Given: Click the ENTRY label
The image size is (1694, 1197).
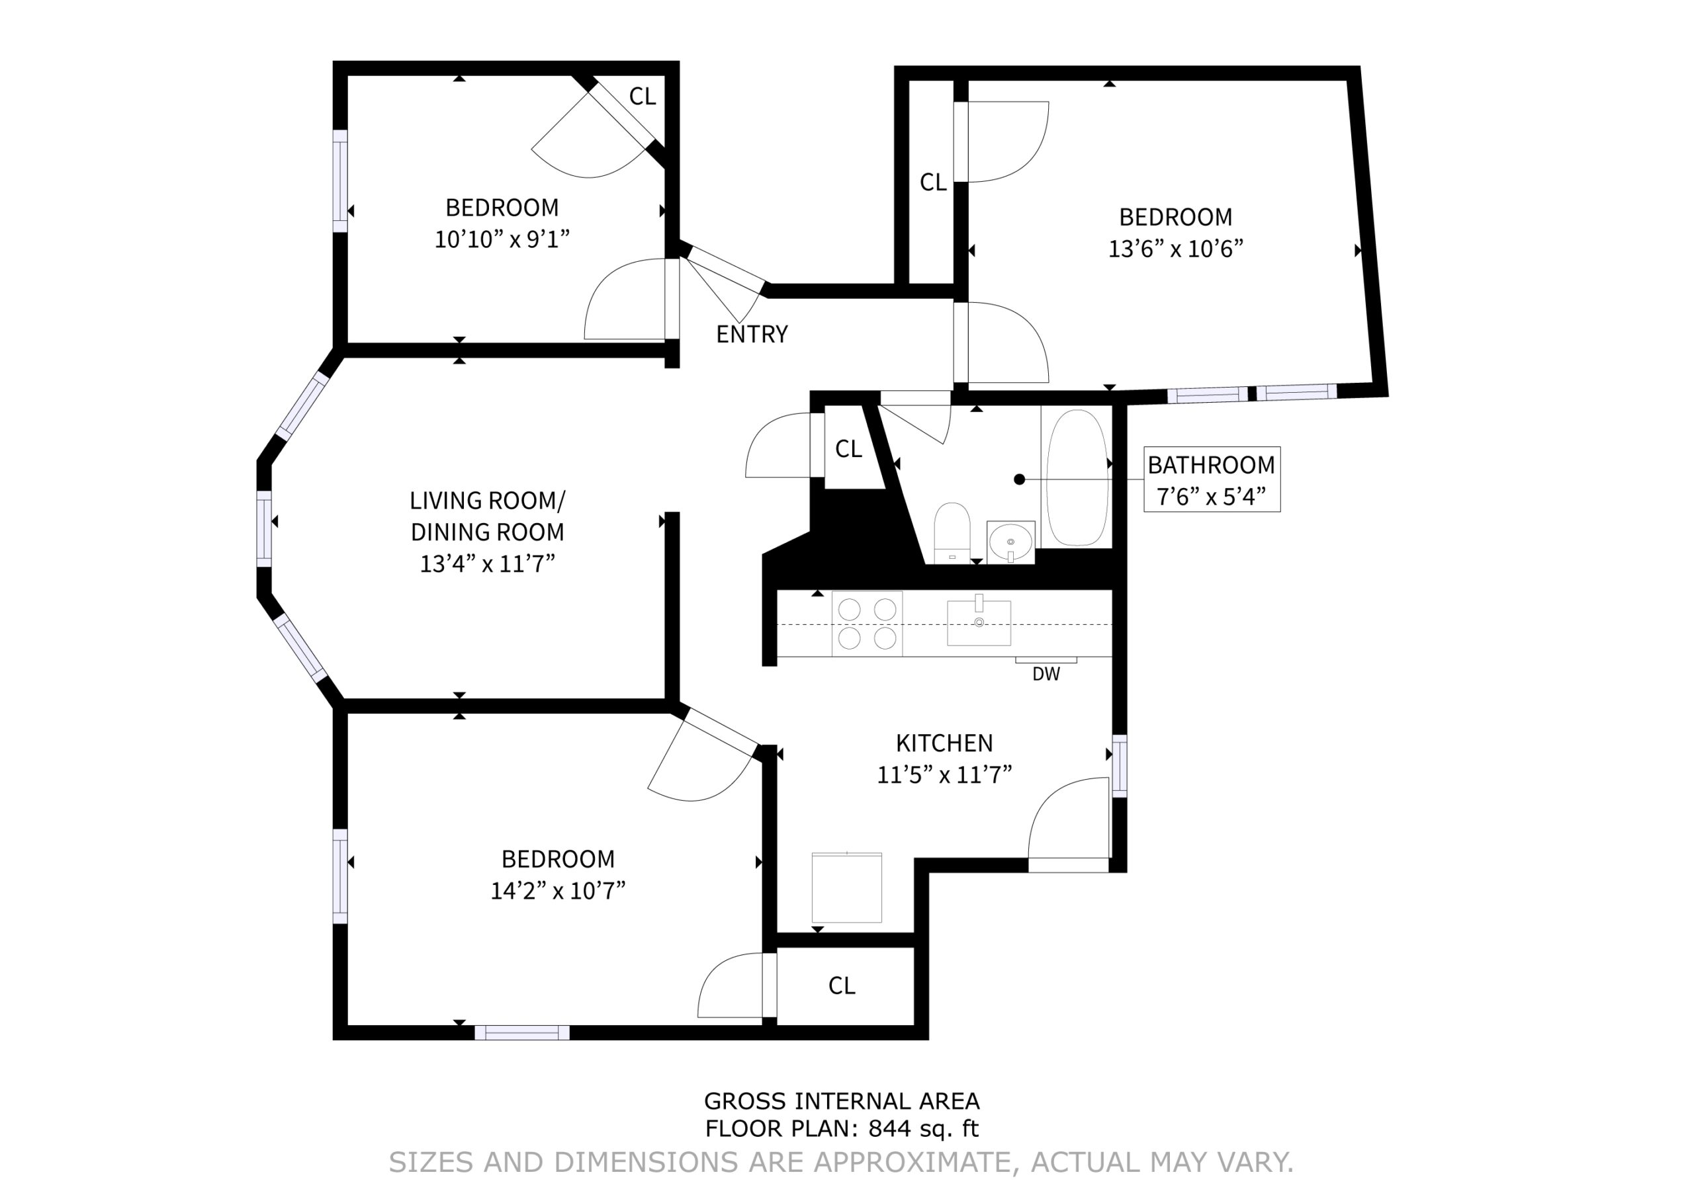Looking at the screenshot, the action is pos(752,334).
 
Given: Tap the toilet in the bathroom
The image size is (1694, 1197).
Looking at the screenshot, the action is pos(952,532).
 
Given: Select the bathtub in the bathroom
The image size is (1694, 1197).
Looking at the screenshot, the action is pos(1078,477).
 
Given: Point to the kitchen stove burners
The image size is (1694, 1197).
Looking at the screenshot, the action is pos(867,623).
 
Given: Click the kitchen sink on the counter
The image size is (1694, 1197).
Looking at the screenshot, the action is pos(979,622).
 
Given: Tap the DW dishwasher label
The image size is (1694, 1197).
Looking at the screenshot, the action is pos(1046,673).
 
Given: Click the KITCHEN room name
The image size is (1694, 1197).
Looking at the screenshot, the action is pos(944,743).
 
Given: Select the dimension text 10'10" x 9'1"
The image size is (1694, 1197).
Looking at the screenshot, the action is pos(502,239).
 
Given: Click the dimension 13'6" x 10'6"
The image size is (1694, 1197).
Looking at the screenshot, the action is pos(1175,249).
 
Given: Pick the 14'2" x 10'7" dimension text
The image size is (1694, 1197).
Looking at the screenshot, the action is pos(558,891).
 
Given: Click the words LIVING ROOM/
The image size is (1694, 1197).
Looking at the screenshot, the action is pos(487,501).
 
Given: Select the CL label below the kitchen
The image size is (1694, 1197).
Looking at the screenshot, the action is pos(842,985).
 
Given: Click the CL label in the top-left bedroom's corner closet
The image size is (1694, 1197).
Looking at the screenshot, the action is pos(643,96).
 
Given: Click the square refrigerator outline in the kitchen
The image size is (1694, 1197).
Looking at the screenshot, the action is pos(847,887).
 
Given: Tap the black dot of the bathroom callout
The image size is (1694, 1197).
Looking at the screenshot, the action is pos(1020,479).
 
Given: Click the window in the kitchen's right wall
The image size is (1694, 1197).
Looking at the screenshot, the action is pos(1119,766).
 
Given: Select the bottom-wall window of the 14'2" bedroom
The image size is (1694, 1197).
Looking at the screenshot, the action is pos(521,1032).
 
